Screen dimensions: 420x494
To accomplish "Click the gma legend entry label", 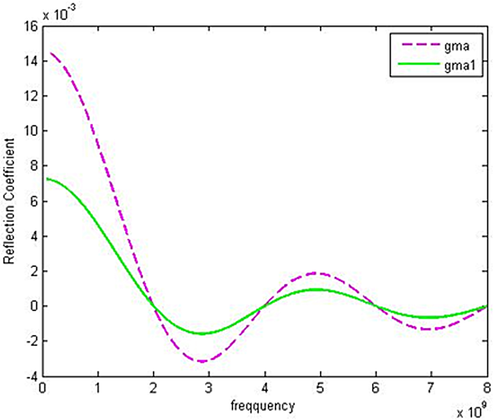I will coord(457,46).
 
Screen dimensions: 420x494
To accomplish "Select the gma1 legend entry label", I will coord(460,65).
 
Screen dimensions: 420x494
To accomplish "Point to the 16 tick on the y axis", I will coord(31,26).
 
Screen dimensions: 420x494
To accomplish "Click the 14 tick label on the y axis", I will coord(31,61).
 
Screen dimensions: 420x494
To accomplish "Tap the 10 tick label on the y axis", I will coord(31,131).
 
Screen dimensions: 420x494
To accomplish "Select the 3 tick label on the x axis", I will coord(209,388).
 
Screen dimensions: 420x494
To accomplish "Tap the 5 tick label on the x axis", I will coord(320,388).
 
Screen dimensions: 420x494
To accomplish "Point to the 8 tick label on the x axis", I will coord(487,388).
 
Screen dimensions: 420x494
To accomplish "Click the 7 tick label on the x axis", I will coord(431,388).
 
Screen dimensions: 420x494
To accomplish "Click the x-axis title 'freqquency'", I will coord(263,406).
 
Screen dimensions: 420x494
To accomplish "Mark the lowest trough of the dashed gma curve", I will coord(202,361).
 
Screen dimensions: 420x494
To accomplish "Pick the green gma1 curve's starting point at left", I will coord(47,179).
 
